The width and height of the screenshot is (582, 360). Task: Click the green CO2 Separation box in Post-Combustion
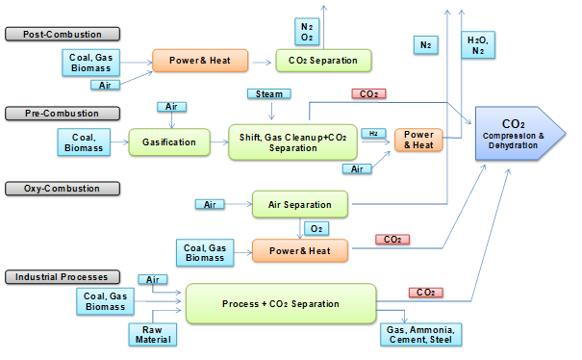(322, 61)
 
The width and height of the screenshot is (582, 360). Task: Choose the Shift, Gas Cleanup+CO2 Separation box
(292, 141)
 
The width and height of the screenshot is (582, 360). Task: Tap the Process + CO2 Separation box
(280, 304)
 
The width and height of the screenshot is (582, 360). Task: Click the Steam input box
(265, 94)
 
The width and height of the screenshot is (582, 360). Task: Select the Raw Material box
(152, 334)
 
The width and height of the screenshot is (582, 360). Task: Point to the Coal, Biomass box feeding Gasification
(86, 142)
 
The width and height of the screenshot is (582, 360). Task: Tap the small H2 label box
(371, 134)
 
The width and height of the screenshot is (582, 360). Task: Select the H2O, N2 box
(476, 44)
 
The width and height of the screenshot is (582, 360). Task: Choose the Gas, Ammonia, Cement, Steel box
(421, 334)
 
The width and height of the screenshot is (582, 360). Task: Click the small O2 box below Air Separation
(315, 228)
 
